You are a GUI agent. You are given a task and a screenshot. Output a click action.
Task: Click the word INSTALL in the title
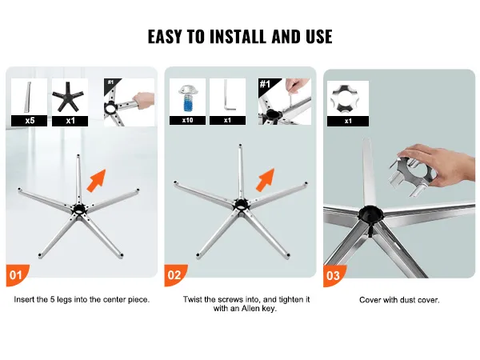(238, 37)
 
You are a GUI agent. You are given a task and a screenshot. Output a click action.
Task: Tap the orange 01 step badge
(17, 275)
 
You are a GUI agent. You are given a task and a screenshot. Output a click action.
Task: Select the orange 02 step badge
(175, 275)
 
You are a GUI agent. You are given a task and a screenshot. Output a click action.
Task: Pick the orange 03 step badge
(334, 276)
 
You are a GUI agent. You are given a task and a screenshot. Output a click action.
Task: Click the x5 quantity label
(30, 121)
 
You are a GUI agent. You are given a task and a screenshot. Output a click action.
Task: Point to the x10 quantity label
(188, 120)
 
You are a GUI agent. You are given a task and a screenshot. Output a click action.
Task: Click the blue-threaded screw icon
(188, 98)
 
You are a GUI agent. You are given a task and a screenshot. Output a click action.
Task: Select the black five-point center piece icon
(70, 97)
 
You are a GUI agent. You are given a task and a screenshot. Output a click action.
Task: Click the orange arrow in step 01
(96, 181)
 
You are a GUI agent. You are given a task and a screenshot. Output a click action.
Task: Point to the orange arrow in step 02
(265, 180)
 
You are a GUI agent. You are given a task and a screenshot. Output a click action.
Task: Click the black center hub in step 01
(79, 209)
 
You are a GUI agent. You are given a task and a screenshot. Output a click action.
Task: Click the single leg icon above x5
(28, 97)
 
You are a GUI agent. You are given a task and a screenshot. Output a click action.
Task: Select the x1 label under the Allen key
(227, 120)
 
